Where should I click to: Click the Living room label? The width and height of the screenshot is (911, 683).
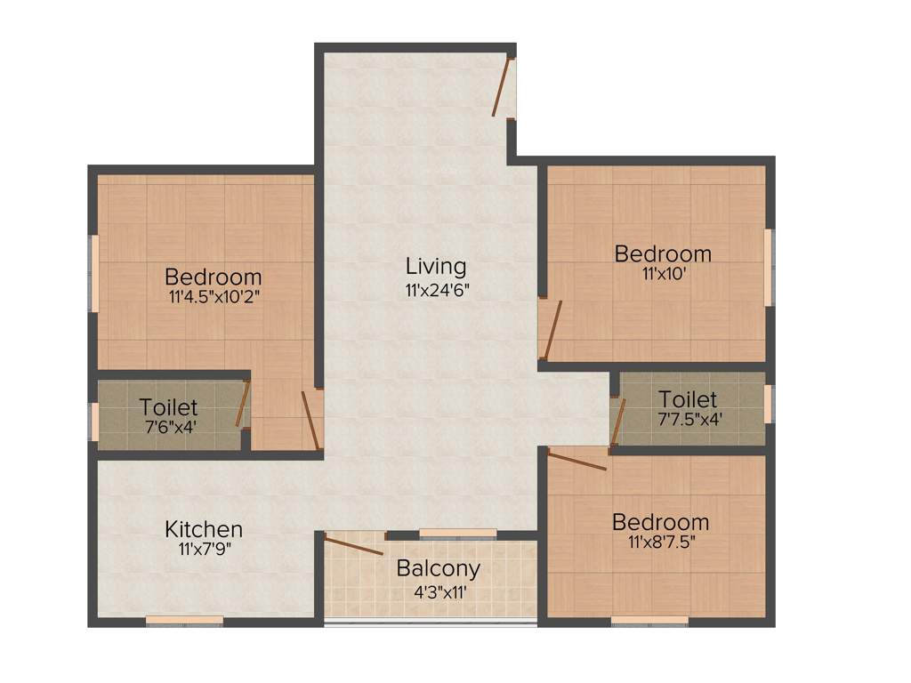(436, 266)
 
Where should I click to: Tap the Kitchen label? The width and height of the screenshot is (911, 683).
(204, 530)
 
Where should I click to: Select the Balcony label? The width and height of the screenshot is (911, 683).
(439, 568)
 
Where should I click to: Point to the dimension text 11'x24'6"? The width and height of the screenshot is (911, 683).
(436, 289)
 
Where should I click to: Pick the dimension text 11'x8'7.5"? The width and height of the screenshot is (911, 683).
(660, 542)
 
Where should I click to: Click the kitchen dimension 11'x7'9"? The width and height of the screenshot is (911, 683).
(204, 550)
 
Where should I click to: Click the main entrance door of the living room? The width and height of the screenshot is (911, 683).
(503, 87)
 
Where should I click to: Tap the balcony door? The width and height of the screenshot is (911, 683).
(353, 546)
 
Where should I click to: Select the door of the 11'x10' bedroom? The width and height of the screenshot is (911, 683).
(552, 329)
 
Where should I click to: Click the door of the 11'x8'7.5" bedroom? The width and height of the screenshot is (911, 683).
(576, 460)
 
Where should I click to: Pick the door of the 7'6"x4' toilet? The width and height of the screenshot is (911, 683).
(241, 405)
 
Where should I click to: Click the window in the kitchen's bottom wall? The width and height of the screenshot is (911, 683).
(184, 620)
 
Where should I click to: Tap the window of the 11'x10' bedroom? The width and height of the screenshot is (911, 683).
(770, 268)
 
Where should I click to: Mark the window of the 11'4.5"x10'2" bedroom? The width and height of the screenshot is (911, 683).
(93, 274)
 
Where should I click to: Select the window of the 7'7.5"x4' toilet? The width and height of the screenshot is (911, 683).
(770, 403)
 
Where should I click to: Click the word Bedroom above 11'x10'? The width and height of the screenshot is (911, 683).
(663, 253)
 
